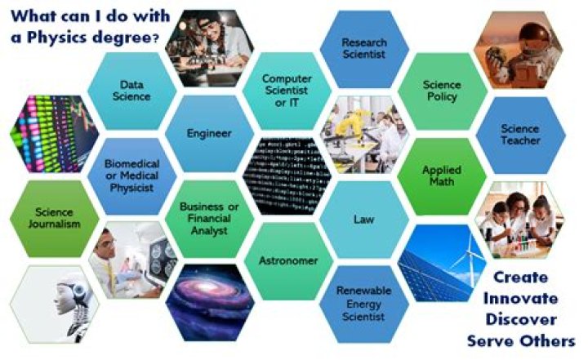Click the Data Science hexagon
[135, 91]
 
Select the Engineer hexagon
[209, 134]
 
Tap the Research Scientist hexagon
[364, 47]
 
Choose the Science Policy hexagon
[440, 91]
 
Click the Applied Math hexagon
[442, 176]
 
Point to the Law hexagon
[363, 220]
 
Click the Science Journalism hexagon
[55, 220]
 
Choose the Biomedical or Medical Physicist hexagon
[131, 176]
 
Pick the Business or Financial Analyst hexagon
[209, 219]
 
